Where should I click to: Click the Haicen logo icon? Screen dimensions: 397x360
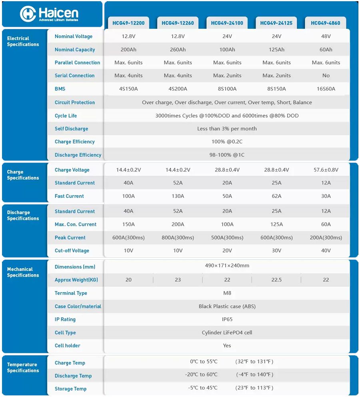point(28,14)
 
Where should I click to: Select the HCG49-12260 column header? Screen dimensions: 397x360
point(178,23)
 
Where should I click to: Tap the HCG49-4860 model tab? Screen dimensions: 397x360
point(326,23)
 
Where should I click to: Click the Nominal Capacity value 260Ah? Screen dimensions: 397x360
point(178,50)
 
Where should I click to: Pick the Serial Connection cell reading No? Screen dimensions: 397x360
point(326,76)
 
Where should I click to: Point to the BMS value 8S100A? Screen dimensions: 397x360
point(227,89)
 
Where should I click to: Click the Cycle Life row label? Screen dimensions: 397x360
point(66,116)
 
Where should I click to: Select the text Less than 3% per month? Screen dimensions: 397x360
point(227,129)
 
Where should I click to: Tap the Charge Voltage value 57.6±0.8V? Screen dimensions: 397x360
point(326,170)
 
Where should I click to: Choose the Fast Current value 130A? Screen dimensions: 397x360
point(178,196)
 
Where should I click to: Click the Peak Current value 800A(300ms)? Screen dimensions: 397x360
point(178,238)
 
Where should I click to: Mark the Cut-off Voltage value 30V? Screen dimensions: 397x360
point(276,251)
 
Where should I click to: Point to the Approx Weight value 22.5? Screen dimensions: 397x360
point(276,280)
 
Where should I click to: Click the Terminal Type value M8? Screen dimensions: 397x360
point(227,293)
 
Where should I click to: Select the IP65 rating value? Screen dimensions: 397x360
point(227,319)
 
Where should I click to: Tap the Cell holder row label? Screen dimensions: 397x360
point(67,346)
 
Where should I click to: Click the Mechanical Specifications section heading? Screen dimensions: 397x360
point(23,272)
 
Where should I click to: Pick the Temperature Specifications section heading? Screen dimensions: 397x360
point(23,367)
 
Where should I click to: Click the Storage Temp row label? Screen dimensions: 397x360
point(70,389)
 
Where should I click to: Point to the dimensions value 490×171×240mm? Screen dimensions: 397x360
point(227,266)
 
